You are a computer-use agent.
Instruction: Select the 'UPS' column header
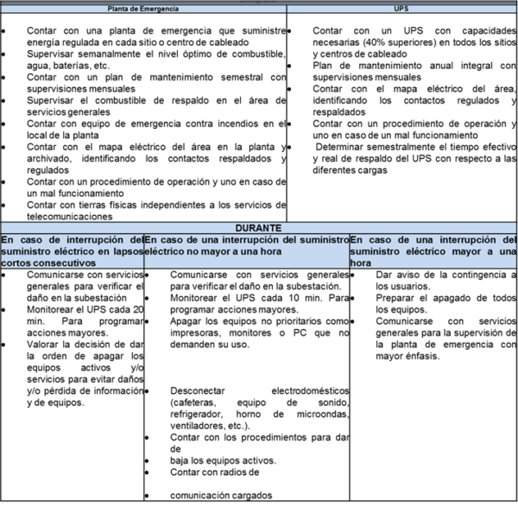coord(401,9)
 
